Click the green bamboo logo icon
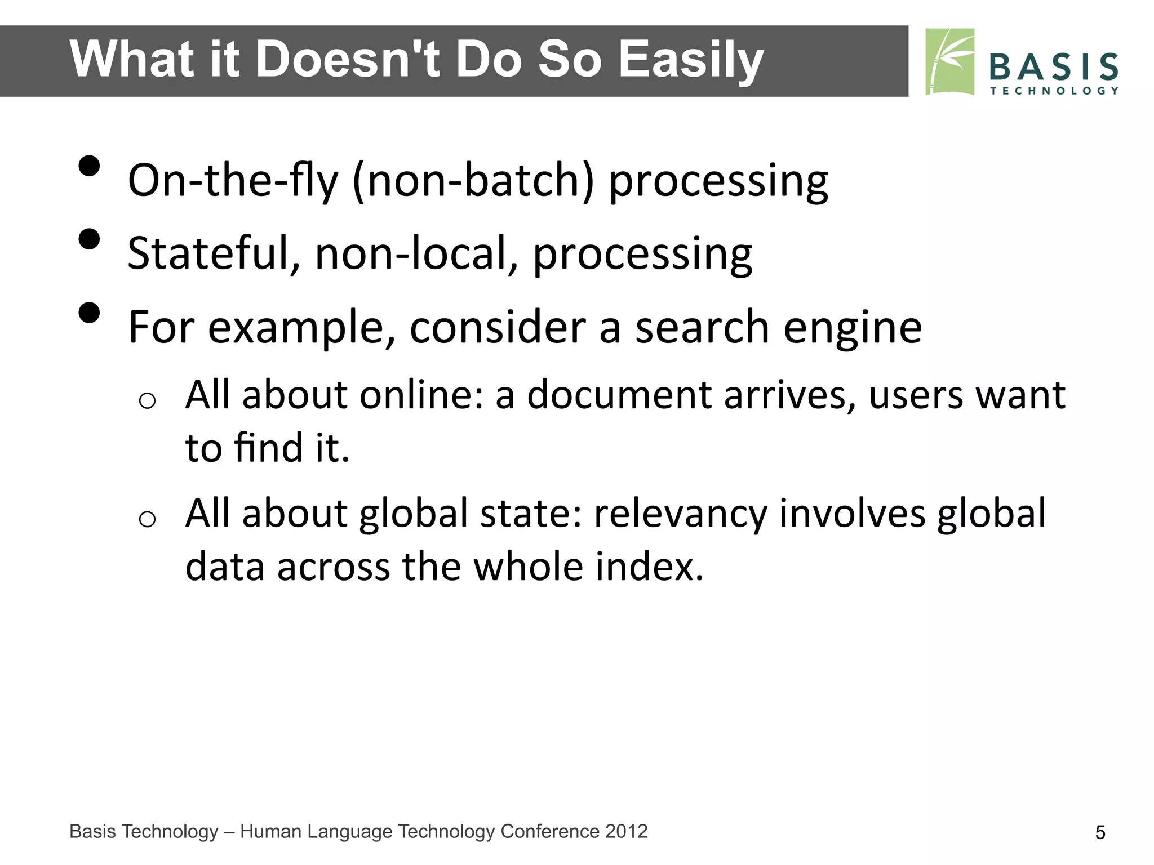(950, 62)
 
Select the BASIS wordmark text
(1053, 67)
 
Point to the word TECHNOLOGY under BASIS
(1053, 91)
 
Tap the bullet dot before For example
(89, 313)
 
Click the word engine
(853, 328)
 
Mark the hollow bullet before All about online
(147, 400)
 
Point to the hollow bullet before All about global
(147, 519)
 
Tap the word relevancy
(680, 514)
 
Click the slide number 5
(1100, 832)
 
